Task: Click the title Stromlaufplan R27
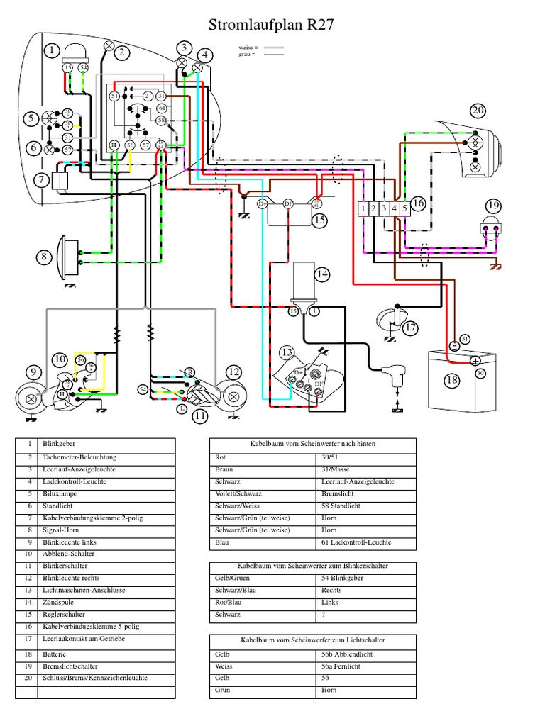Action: (270, 26)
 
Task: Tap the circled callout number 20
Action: (478, 110)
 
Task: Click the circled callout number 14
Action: (323, 274)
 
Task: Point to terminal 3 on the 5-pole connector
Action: (383, 208)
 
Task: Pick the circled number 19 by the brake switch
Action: (492, 206)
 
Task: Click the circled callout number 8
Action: (45, 257)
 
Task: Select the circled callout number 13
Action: (287, 352)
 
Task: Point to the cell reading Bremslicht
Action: (338, 493)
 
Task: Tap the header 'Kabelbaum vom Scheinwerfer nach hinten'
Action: (313, 444)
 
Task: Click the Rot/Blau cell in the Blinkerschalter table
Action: (228, 603)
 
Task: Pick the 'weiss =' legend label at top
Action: (248, 48)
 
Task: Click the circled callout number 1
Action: (52, 50)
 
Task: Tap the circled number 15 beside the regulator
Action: (319, 220)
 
